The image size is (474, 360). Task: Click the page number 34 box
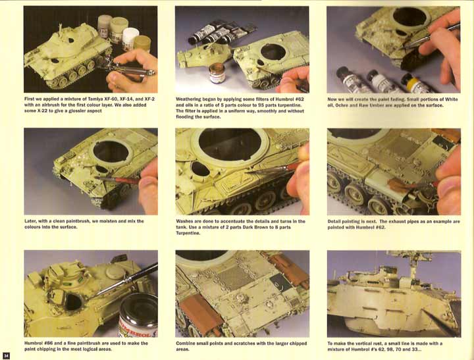[6, 355]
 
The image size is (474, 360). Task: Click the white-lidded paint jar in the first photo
[130, 39]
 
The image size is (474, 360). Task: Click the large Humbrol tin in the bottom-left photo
[138, 316]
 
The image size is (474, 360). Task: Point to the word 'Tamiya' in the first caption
[95, 99]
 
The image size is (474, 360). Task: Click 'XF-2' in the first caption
[149, 99]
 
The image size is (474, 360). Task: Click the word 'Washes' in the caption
[184, 221]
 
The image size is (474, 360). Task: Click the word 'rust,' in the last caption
[375, 344]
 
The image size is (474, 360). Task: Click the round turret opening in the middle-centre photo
[230, 144]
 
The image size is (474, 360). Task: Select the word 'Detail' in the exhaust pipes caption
[334, 222]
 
